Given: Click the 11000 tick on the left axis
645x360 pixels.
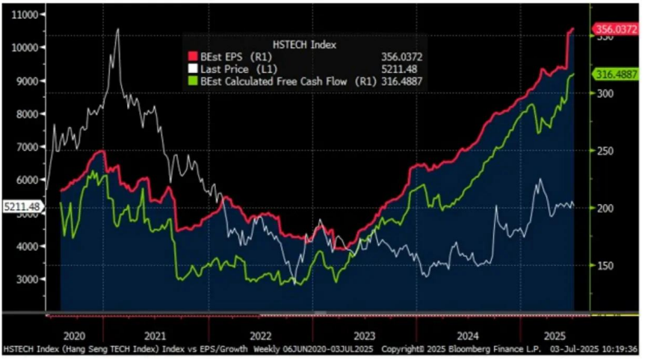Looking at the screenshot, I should click(x=22, y=14).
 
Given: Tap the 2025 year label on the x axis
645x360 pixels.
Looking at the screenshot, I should click(x=533, y=336).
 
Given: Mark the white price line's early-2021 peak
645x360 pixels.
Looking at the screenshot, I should click(x=117, y=29).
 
